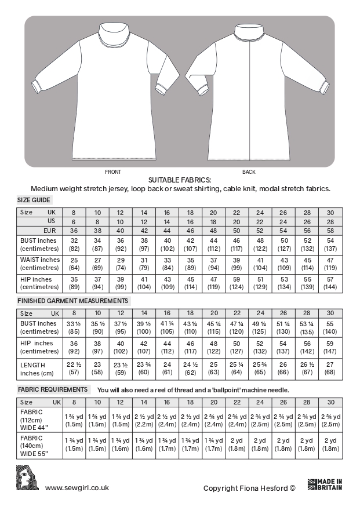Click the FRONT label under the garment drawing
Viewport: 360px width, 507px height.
[113, 172]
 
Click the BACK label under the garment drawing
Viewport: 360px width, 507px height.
[249, 172]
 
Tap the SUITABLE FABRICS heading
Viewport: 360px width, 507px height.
[180, 180]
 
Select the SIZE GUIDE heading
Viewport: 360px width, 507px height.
[34, 199]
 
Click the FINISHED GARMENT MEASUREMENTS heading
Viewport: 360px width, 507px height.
[72, 301]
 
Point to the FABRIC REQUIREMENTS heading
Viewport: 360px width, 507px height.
[53, 389]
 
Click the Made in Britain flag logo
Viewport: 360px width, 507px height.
[325, 485]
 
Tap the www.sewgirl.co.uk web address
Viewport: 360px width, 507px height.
[77, 488]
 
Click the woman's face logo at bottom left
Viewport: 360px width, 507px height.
[27, 480]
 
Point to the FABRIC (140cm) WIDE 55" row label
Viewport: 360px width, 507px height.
[33, 444]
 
